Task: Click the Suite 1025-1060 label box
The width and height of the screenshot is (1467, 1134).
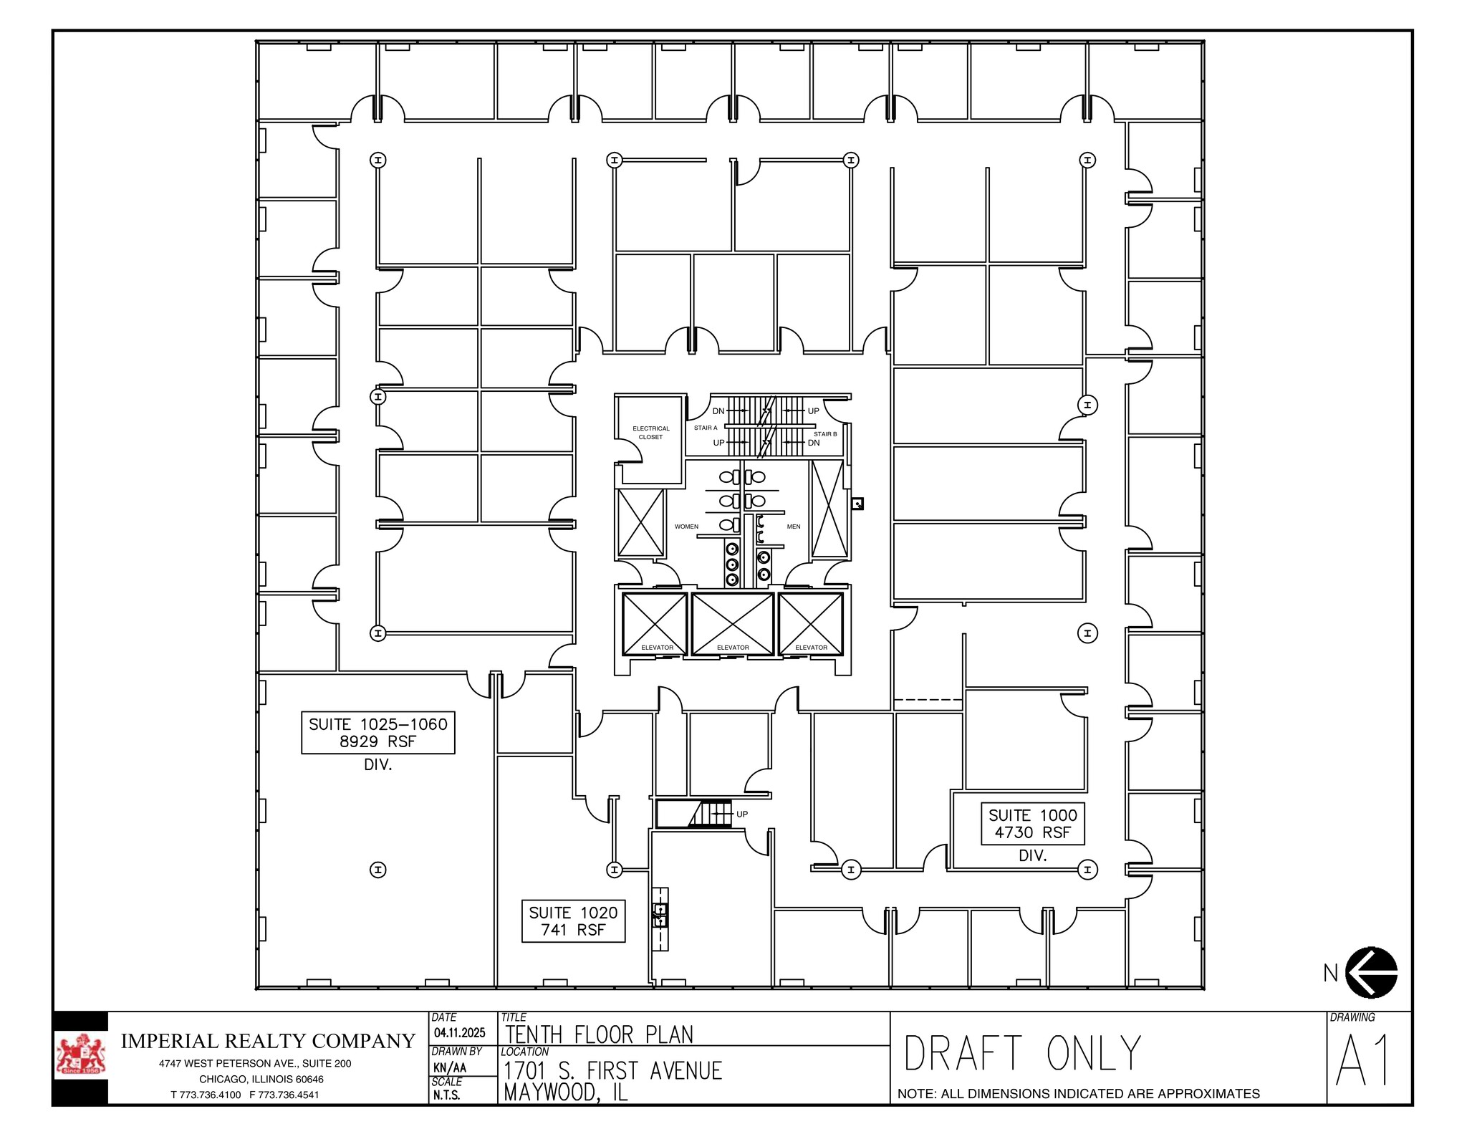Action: (x=377, y=733)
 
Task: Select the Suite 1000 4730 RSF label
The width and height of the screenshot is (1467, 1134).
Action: (x=1032, y=824)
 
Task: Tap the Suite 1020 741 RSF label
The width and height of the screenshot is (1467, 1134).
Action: (x=573, y=921)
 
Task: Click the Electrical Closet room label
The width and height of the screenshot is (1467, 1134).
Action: (x=650, y=433)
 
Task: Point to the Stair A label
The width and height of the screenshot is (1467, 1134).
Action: (x=705, y=428)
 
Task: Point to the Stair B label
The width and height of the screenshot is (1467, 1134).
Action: (x=824, y=434)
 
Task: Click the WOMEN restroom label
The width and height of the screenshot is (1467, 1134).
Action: (x=686, y=527)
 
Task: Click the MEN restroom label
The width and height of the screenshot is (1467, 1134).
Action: (x=793, y=527)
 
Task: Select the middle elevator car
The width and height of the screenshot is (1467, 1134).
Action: (x=732, y=623)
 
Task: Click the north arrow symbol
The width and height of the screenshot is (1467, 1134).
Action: (x=1371, y=973)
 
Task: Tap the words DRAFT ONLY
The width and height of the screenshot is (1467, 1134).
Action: (x=1021, y=1054)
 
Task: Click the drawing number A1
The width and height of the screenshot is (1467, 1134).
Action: (x=1363, y=1061)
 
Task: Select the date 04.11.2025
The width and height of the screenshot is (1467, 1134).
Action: (x=459, y=1033)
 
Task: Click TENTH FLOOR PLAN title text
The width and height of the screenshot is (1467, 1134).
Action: (x=599, y=1035)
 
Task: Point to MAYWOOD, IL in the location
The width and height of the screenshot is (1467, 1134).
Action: (x=565, y=1092)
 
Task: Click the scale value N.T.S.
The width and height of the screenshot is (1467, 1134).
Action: (x=447, y=1095)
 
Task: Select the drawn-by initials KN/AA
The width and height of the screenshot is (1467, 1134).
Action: (x=449, y=1067)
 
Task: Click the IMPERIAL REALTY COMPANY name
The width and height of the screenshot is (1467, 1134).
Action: (x=267, y=1041)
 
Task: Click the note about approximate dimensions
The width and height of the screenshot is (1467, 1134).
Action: (x=1078, y=1094)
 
